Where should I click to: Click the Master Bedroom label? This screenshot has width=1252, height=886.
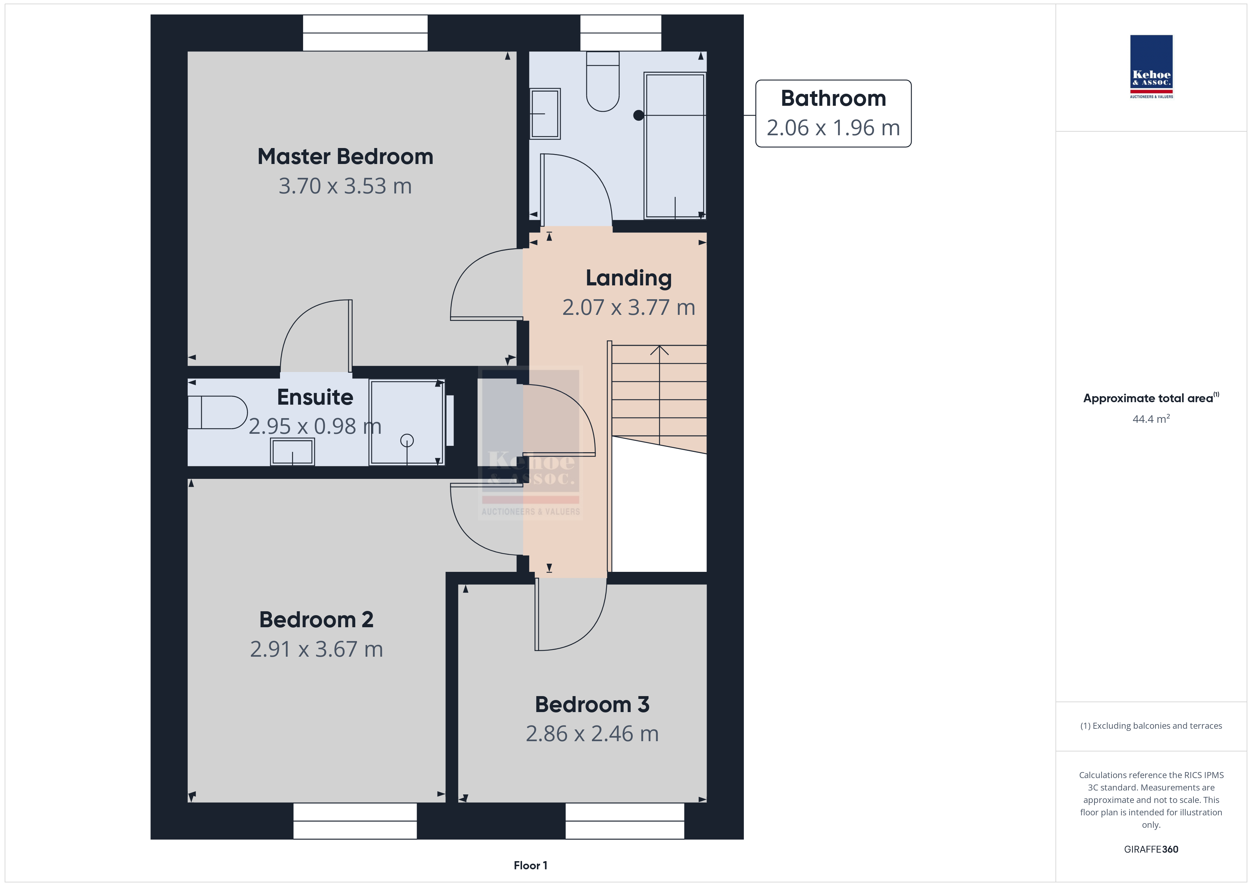(345, 157)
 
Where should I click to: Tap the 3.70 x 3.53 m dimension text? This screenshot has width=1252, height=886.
(345, 186)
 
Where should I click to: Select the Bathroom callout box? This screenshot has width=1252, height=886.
(833, 114)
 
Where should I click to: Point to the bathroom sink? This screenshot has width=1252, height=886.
(545, 114)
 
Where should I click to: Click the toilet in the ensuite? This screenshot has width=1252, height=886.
(217, 412)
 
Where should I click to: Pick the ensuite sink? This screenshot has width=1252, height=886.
(293, 452)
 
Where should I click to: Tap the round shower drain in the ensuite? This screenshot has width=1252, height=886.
(407, 440)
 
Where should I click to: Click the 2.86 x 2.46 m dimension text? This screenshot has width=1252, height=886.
(592, 734)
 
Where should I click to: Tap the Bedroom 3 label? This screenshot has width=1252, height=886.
(592, 704)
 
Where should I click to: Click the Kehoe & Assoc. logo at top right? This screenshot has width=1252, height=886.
(1151, 67)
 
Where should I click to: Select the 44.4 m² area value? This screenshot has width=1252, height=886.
(1151, 419)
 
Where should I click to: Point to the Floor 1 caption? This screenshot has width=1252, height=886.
(530, 865)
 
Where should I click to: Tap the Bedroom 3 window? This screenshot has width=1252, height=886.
(625, 821)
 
